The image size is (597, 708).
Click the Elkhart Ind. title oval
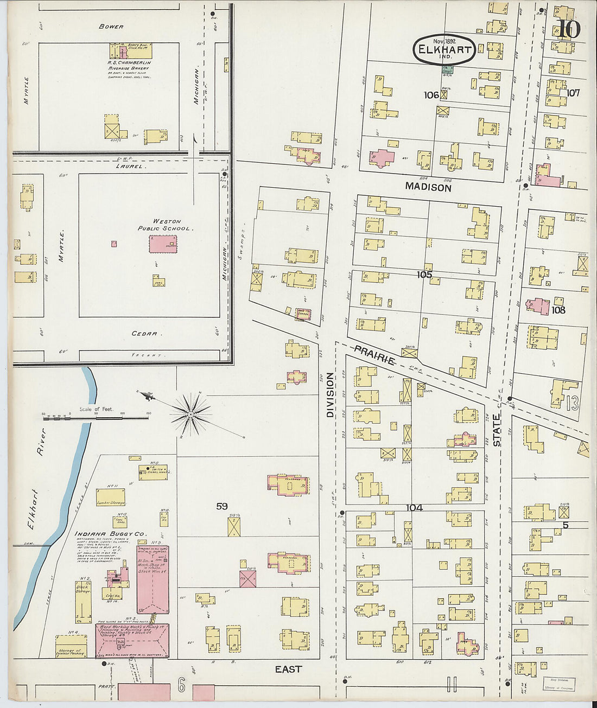click(444, 50)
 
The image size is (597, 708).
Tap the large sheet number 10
click(568, 30)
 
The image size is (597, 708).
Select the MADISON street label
click(428, 187)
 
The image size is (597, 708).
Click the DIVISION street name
click(329, 394)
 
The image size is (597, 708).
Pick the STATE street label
click(497, 431)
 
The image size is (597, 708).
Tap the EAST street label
click(288, 669)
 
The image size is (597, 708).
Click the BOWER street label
click(111, 26)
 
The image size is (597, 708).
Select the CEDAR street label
click(144, 334)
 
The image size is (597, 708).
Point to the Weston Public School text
click(164, 225)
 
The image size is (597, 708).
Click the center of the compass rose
click(190, 415)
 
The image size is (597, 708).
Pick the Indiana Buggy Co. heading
click(110, 534)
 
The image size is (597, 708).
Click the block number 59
click(221, 506)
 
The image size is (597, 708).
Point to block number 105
click(424, 275)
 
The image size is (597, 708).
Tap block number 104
click(414, 508)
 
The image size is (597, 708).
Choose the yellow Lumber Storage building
click(111, 497)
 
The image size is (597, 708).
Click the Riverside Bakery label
click(129, 68)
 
